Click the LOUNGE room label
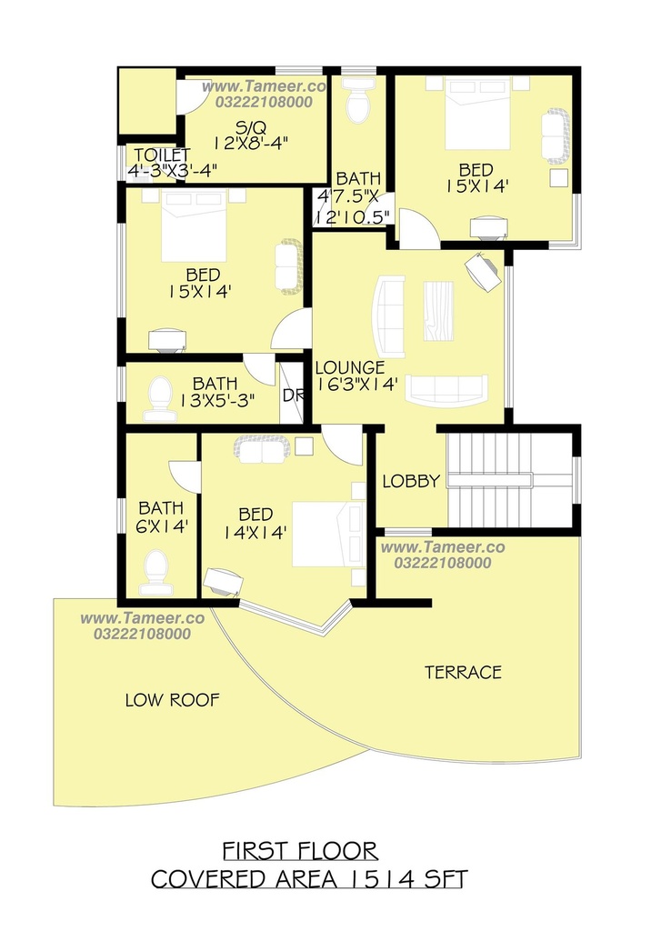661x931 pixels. [x=350, y=367]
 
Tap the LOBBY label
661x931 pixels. [x=411, y=481]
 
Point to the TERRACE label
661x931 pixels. [x=463, y=672]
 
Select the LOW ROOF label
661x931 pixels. [x=172, y=700]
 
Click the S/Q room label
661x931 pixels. [x=251, y=127]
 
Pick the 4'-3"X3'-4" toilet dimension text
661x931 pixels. [x=172, y=170]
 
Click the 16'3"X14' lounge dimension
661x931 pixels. [x=356, y=385]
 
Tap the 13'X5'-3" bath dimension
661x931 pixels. [x=217, y=400]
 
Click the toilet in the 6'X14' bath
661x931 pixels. [x=156, y=572]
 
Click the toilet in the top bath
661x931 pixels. [x=358, y=100]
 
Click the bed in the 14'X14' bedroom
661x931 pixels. [x=328, y=534]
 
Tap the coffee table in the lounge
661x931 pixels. [x=438, y=311]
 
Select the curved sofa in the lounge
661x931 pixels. [x=388, y=317]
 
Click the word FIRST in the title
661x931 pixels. [x=256, y=851]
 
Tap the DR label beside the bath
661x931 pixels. [x=293, y=395]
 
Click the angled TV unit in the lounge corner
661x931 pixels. [x=483, y=271]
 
